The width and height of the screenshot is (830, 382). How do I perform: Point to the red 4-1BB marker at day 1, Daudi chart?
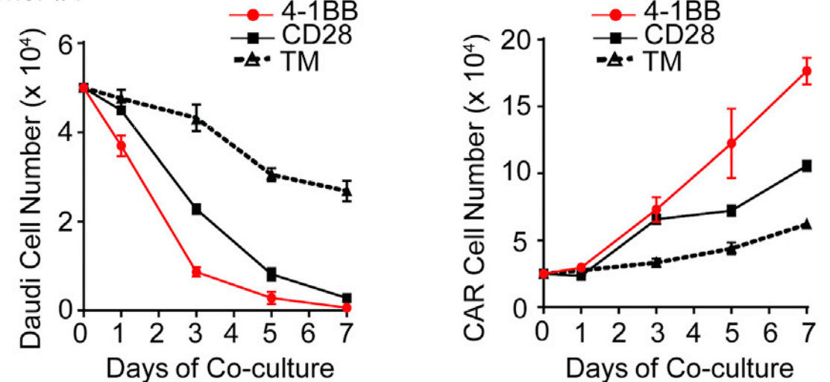[x=121, y=147]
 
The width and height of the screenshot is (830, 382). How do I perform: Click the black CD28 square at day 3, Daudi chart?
[x=196, y=210]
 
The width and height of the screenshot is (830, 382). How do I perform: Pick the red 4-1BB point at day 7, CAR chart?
[x=806, y=72]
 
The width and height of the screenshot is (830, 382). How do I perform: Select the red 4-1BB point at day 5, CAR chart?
[x=732, y=143]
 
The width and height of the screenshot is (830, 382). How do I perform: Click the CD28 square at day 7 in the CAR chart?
[x=806, y=166]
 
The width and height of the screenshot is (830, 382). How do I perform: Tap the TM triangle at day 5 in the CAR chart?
[x=732, y=248]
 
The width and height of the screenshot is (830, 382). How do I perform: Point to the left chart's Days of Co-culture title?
[x=215, y=368]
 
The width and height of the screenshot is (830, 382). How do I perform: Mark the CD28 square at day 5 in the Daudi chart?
[x=271, y=274]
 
